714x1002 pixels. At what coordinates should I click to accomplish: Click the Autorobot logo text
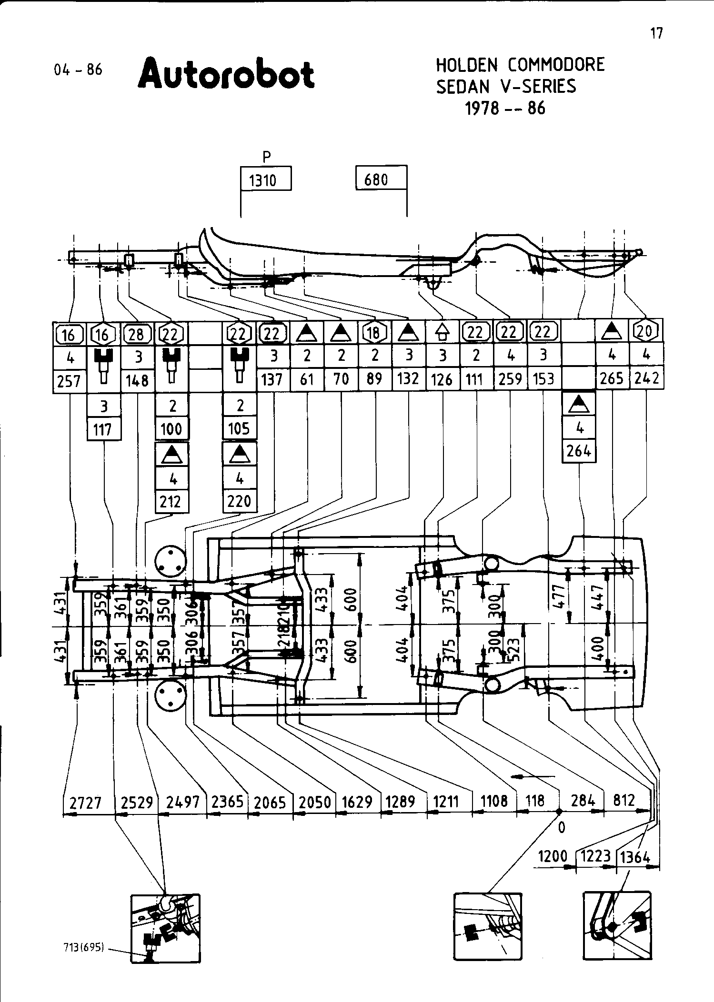click(x=226, y=74)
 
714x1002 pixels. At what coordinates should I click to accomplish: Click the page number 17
click(x=656, y=33)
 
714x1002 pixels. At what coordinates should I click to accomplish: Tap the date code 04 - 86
click(x=78, y=69)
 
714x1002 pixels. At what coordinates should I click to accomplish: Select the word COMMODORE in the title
click(x=556, y=65)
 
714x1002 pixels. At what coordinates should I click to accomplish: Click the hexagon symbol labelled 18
click(x=374, y=333)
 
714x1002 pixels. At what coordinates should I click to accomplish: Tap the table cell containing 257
click(x=69, y=381)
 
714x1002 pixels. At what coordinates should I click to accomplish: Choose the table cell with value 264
click(x=579, y=450)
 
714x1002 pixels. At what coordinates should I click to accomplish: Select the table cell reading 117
click(x=103, y=429)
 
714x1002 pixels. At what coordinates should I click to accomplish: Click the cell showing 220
click(x=239, y=501)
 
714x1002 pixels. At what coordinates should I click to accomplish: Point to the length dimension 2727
click(x=85, y=803)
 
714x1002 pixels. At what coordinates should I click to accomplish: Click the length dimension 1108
click(x=494, y=801)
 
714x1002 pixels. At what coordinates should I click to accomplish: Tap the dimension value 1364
click(x=635, y=857)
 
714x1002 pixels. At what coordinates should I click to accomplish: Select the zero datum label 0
click(x=562, y=827)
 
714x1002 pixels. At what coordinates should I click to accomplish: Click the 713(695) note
click(x=83, y=947)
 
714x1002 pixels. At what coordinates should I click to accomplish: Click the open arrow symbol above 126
click(x=442, y=332)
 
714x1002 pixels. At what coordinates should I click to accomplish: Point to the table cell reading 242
click(x=646, y=378)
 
